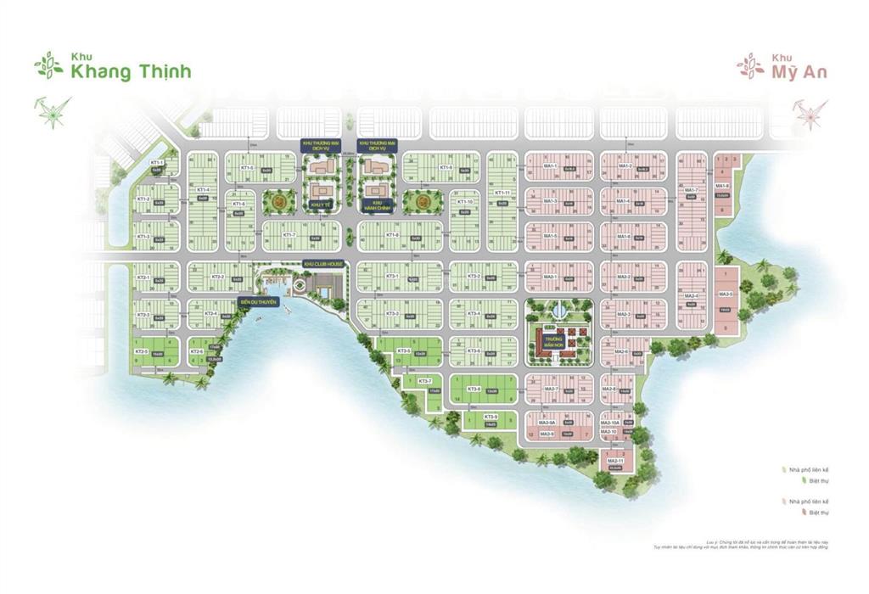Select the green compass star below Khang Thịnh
pos(53,111)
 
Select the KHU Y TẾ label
pos(319,205)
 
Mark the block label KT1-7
pos(289,234)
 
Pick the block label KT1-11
pos(502,193)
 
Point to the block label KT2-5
pos(142,350)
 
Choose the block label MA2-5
pos(726,294)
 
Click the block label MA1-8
pos(722,185)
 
